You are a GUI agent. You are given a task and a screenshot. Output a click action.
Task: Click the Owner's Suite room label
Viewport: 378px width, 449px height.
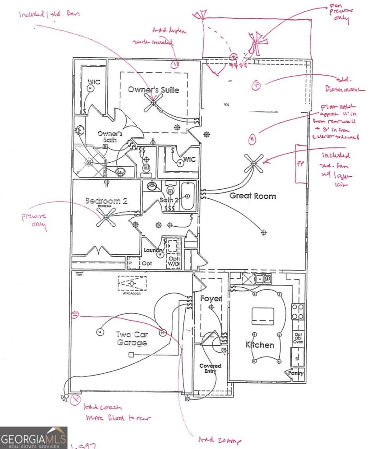[153, 90]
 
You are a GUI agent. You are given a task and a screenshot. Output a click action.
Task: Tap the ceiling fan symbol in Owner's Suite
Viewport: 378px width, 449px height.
[153, 102]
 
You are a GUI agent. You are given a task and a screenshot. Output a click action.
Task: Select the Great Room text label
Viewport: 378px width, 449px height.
[252, 196]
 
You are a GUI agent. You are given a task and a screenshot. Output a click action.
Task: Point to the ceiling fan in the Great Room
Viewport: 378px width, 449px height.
[254, 163]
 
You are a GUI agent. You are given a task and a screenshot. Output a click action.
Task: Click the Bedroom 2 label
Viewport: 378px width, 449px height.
[106, 201]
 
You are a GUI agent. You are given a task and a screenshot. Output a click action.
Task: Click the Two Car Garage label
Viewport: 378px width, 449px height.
[126, 338]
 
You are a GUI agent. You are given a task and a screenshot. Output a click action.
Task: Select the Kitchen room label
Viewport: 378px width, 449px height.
[259, 345]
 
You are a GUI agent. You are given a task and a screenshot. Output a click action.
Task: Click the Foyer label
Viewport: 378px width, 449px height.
[211, 299]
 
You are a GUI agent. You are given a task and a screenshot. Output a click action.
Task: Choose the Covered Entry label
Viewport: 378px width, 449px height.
[210, 369]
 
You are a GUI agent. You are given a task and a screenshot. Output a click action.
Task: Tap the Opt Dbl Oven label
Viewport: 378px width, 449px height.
[298, 338]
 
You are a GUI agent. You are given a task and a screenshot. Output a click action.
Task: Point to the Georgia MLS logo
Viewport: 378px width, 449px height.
[34, 438]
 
